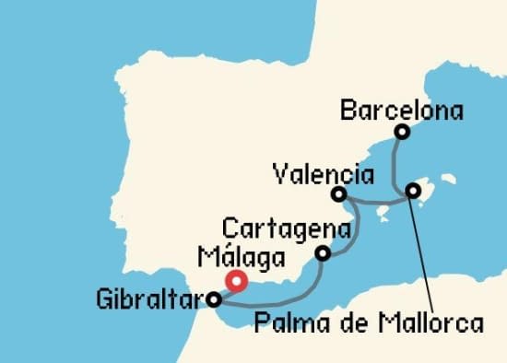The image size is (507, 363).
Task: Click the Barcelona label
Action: pos(401,111)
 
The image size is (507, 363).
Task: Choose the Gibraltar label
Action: pos(149,299)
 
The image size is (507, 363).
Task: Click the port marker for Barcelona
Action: pos(401,132)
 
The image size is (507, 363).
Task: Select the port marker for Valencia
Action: pos(339,194)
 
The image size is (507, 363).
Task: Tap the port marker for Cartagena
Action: pos(323,253)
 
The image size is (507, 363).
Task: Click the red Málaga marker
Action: pos(236,281)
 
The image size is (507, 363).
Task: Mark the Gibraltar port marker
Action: pos(214,299)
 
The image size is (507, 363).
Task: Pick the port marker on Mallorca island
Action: pos(413,191)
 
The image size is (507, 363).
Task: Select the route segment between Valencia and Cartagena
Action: pos(354,226)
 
